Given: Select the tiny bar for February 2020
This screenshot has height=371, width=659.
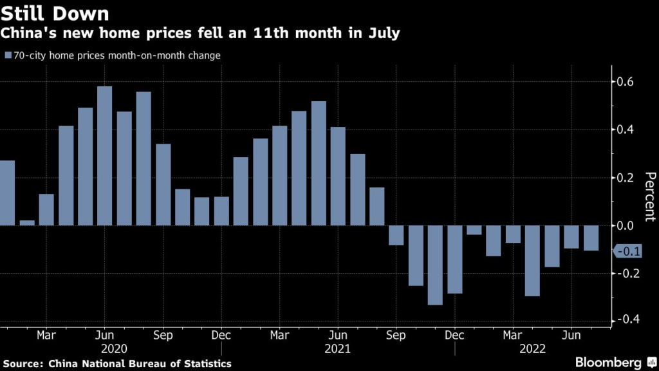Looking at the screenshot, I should (27, 223).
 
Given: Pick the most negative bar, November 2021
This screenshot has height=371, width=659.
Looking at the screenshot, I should (435, 265).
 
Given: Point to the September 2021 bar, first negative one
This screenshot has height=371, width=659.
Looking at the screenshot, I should (396, 235).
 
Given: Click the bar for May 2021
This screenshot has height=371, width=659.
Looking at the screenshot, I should (319, 164).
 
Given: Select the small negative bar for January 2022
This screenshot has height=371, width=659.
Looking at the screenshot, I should (474, 230).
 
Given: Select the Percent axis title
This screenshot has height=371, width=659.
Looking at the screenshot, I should (649, 197).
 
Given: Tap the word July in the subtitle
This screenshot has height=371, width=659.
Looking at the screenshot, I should (384, 33).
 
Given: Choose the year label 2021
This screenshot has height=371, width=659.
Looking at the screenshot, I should (338, 348).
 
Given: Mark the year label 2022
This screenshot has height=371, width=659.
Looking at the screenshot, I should (532, 348).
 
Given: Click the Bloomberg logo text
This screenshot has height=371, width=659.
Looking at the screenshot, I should (609, 363).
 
